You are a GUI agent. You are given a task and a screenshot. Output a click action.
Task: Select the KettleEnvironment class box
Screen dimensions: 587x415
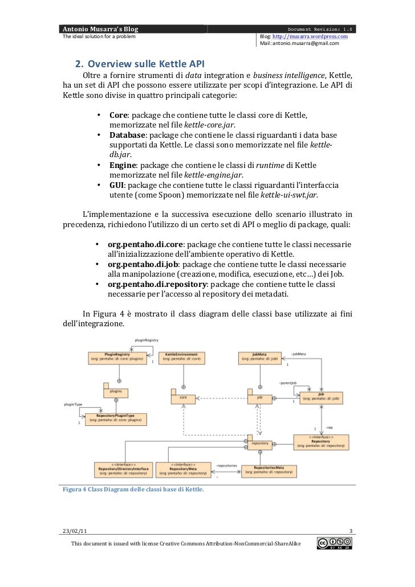coord(181,357)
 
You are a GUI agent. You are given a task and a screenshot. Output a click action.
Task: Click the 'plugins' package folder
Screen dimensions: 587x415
coord(116,392)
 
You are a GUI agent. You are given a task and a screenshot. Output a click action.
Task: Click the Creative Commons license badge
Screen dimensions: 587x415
coord(335,544)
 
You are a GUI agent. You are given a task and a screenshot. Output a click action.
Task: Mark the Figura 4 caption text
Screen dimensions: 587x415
coord(133,489)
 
